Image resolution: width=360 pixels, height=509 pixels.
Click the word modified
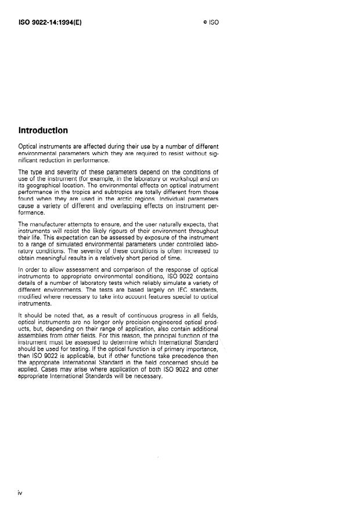[x=31, y=296]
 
